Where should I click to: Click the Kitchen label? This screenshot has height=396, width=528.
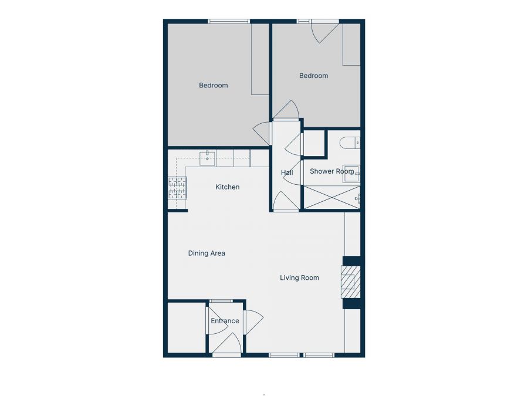[228, 187]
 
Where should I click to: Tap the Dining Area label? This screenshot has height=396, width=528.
[207, 253]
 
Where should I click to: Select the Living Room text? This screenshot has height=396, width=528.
[299, 277]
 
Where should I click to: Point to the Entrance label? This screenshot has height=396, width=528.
[225, 321]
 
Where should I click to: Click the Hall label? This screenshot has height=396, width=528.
[287, 172]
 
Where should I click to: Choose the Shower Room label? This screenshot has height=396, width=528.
[331, 171]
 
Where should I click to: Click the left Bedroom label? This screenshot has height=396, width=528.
[213, 86]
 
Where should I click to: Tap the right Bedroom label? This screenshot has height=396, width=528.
[313, 76]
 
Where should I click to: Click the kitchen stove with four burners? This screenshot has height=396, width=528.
[178, 188]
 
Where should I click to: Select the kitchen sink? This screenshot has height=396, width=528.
[208, 157]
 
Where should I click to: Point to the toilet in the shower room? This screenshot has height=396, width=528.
[350, 142]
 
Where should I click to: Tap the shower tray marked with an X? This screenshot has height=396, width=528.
[331, 197]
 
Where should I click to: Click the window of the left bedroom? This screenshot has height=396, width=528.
[229, 22]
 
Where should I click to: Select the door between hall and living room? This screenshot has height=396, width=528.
[286, 202]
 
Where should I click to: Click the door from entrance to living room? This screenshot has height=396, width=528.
[253, 321]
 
